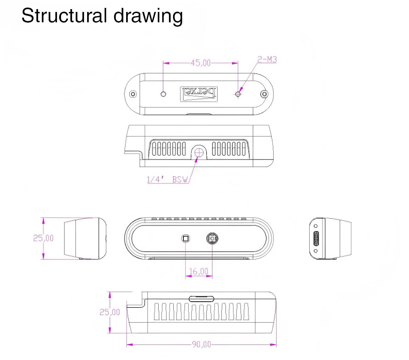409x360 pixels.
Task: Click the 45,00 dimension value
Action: (200, 63)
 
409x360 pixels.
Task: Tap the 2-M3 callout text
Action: (267, 59)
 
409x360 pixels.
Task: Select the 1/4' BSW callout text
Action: (167, 179)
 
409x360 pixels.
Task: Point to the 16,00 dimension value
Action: (199, 271)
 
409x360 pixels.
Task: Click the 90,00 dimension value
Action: (201, 345)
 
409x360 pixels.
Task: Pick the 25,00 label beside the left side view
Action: (43, 238)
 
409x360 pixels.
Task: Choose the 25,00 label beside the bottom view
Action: (110, 312)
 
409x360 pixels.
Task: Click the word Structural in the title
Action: (64, 16)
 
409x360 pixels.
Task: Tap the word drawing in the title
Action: (148, 17)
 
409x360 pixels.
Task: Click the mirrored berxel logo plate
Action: (199, 94)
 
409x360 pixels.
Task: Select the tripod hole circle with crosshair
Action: (199, 153)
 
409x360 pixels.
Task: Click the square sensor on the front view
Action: (186, 239)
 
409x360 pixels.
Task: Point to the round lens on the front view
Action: (212, 239)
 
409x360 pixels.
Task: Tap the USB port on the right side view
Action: (316, 239)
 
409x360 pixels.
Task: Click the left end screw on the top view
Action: (133, 94)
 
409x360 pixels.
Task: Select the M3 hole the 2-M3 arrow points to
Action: (238, 94)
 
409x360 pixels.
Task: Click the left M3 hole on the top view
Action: (163, 94)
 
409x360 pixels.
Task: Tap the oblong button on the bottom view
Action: (201, 299)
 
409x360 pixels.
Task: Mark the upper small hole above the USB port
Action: (316, 226)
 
